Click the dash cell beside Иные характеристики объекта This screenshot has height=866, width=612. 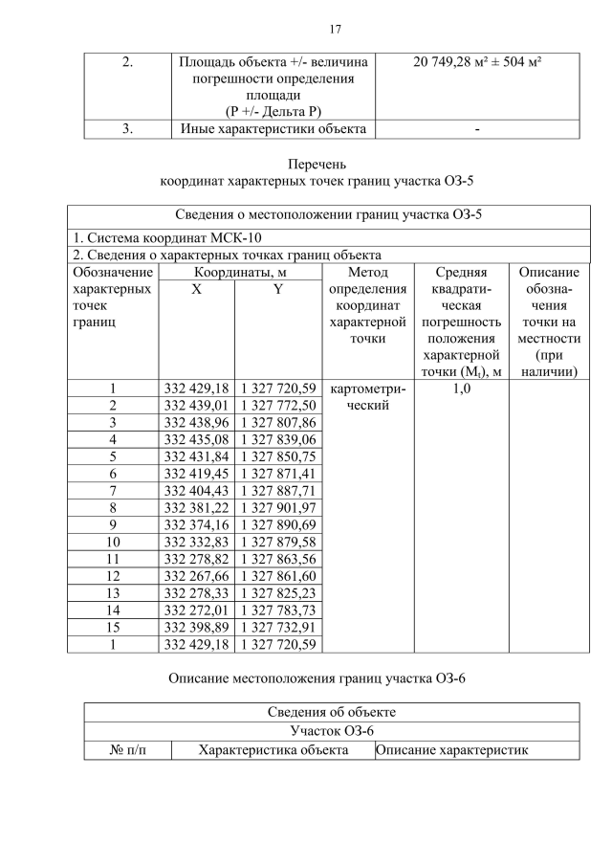click(476, 131)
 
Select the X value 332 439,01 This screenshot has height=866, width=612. click(196, 406)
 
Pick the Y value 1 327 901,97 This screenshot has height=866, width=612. click(276, 506)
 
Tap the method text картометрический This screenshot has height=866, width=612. click(367, 397)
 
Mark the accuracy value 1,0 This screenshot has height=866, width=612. click(460, 389)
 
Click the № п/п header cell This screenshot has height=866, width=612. click(127, 750)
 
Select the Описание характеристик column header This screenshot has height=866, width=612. click(451, 750)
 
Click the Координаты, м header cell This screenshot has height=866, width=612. click(236, 273)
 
